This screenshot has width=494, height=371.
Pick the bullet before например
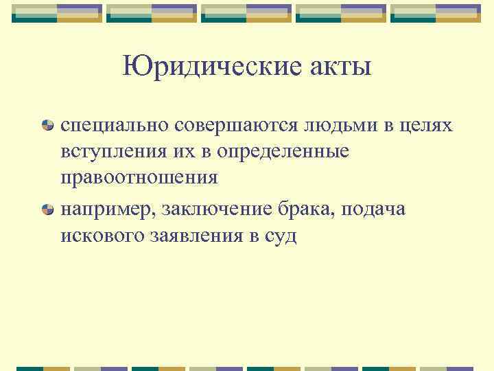click(48, 210)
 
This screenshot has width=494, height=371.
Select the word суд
click(280, 236)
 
